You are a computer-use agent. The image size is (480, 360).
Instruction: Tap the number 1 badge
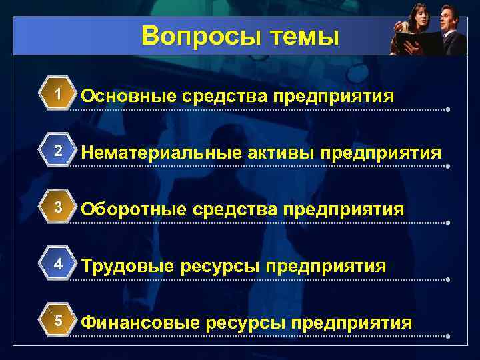click(x=59, y=95)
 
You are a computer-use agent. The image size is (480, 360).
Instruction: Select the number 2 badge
click(x=59, y=151)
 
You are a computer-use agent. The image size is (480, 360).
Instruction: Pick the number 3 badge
click(x=59, y=207)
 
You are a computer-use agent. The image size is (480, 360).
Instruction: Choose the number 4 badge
click(x=59, y=264)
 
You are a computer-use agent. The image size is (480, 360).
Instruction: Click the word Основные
click(x=126, y=97)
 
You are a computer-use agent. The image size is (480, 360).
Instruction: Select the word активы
click(x=278, y=153)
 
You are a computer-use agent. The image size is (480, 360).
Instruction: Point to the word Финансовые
click(x=139, y=323)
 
